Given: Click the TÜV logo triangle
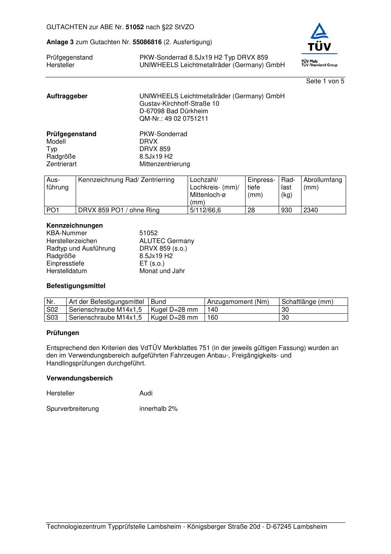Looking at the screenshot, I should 319,31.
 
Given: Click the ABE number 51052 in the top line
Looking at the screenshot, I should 135,27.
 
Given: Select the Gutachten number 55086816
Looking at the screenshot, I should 147,42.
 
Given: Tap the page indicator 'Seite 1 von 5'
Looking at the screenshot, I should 325,81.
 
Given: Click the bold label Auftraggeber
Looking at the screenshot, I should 67,96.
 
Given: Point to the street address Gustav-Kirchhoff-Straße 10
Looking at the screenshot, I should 179,104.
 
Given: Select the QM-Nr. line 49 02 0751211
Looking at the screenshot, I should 174,119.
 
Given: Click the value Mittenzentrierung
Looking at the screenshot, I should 164,164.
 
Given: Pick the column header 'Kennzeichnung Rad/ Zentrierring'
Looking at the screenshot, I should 126,180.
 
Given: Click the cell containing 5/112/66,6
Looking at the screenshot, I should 205,210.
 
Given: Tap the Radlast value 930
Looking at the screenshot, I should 287,210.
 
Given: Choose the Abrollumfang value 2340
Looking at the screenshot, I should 311,210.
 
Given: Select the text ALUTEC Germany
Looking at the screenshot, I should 167,241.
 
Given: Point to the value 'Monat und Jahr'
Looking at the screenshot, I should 162,271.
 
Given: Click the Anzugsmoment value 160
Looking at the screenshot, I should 212,317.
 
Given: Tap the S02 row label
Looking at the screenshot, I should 52,310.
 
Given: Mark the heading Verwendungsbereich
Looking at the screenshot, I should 80,378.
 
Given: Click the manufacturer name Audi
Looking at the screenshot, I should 146,393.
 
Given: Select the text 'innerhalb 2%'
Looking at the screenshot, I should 158,409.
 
